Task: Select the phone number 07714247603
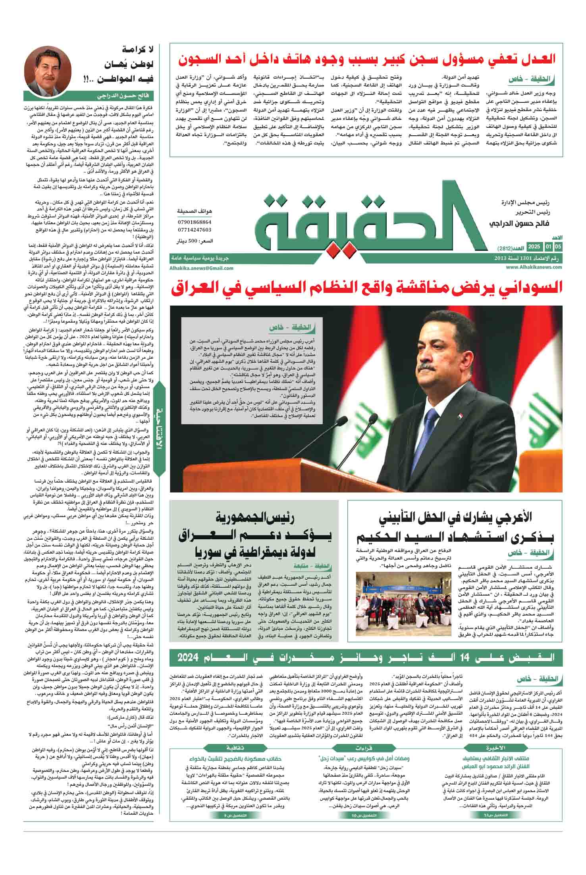coord(195,230)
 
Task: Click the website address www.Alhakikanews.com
coord(534,267)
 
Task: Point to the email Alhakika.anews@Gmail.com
coord(201,268)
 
